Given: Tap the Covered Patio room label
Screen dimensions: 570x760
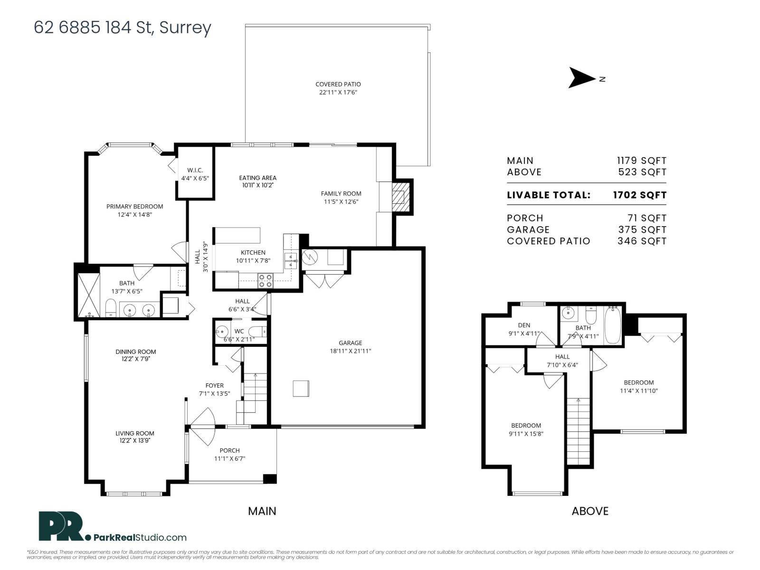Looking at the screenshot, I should (x=338, y=85).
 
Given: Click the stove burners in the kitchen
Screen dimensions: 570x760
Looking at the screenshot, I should (x=265, y=281).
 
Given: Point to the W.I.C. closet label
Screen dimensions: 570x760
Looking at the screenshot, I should (x=195, y=170).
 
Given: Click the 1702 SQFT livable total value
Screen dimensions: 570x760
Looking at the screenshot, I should (x=639, y=195).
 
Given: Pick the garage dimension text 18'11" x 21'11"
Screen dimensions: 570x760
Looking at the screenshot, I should (x=350, y=351).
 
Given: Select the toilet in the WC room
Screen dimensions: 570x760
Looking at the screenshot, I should (x=257, y=331).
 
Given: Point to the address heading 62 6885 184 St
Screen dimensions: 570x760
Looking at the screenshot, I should (x=122, y=28).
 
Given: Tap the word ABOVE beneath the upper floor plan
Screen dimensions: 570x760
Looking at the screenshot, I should (x=589, y=511).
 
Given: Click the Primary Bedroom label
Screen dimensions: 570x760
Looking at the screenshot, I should (x=134, y=207).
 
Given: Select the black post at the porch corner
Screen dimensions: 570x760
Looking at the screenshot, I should (x=269, y=478).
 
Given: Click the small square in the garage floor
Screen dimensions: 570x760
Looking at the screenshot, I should (x=301, y=388).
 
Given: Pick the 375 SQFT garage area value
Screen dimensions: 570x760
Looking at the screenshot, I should (x=641, y=229).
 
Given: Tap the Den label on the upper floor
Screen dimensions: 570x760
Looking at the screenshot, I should (x=523, y=325).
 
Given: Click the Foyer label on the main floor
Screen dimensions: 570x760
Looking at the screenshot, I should (x=214, y=386).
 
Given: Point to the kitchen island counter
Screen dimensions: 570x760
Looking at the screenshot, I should (x=237, y=235).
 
